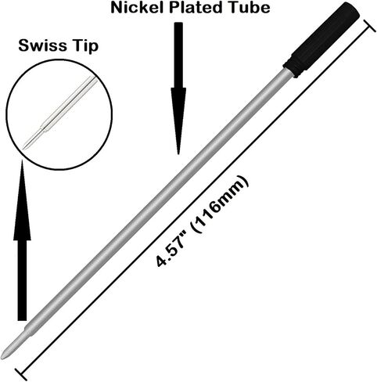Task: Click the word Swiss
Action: click(x=42, y=45)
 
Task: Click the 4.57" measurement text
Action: click(x=169, y=250)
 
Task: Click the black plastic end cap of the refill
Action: click(x=322, y=39)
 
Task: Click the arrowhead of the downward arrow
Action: click(x=178, y=121)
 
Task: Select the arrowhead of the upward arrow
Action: click(x=22, y=200)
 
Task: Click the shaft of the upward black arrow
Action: click(x=22, y=280)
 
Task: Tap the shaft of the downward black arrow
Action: click(x=178, y=56)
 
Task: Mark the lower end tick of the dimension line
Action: click(x=21, y=374)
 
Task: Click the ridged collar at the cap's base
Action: click(x=291, y=68)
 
